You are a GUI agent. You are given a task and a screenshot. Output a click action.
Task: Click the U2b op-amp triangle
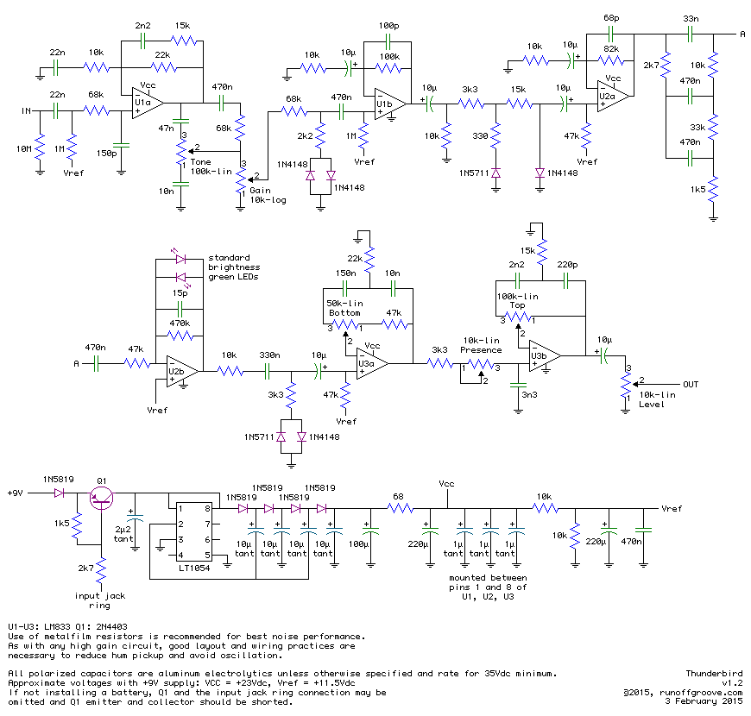(182, 371)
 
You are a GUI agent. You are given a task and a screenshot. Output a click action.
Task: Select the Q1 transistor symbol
(103, 494)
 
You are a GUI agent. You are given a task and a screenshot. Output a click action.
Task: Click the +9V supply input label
(16, 493)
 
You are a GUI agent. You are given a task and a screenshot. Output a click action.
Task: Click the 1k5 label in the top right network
(697, 188)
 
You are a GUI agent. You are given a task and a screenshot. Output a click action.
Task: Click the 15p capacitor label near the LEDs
(180, 293)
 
